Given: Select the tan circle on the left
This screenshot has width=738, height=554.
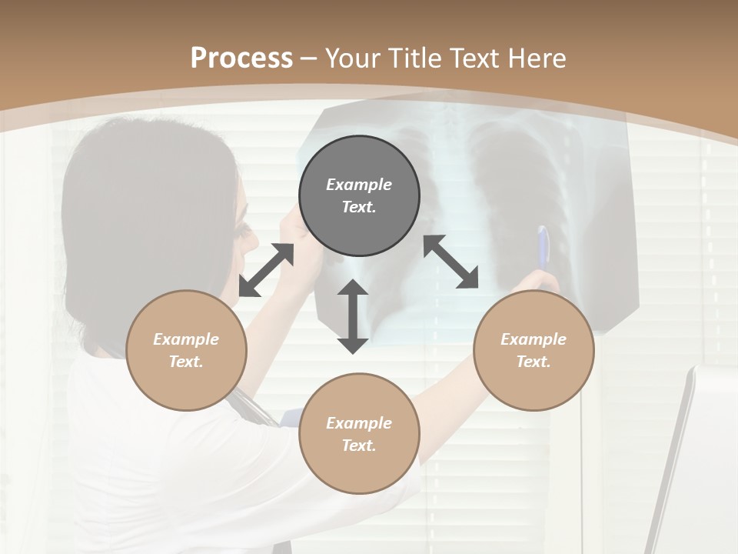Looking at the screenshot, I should [x=186, y=350].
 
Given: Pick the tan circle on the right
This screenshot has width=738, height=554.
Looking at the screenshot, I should [x=534, y=350].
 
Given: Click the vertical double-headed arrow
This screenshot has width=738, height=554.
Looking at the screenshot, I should [x=353, y=316].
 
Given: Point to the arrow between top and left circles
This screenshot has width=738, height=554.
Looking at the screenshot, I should [x=267, y=269].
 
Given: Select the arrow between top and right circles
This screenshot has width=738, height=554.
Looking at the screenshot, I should [x=450, y=262].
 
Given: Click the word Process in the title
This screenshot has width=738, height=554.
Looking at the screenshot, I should [x=241, y=58].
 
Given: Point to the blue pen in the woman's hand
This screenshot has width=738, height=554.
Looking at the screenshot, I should [x=544, y=248].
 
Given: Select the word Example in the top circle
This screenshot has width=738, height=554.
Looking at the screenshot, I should [x=359, y=185].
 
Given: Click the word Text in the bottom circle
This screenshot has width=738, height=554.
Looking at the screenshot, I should [x=358, y=446].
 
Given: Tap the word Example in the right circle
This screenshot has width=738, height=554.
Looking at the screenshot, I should [x=534, y=339].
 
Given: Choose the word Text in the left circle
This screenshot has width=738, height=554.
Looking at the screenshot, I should [x=185, y=362].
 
